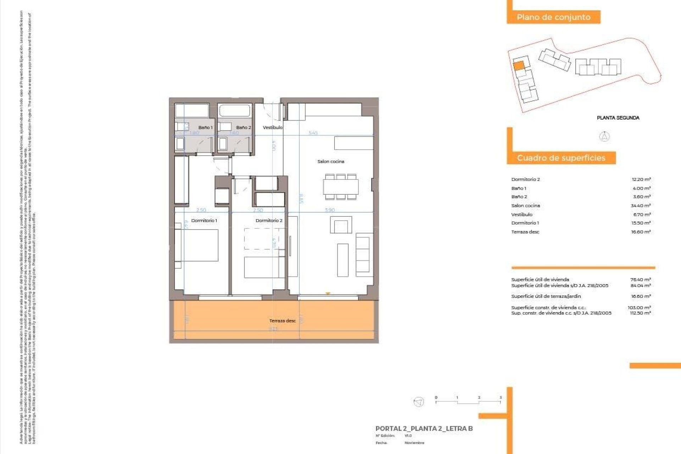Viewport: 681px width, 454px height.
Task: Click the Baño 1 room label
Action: (x=205, y=127)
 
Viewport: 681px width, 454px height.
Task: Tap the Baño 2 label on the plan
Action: (x=243, y=127)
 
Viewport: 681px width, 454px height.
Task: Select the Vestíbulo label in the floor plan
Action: (x=272, y=127)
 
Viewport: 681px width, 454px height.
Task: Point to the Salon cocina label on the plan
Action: (x=331, y=161)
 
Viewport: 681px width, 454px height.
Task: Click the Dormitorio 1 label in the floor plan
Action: (x=204, y=221)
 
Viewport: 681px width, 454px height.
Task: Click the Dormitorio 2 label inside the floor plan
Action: (x=269, y=221)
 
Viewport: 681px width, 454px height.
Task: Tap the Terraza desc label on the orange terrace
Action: (x=282, y=321)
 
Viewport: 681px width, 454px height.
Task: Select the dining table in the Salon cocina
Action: (x=340, y=187)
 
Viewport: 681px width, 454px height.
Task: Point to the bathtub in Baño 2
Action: (x=235, y=110)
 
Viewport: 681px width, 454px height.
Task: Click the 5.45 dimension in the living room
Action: (x=313, y=133)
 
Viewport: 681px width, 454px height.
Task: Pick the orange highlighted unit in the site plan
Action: (x=519, y=66)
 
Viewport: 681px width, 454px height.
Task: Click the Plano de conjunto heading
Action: (x=553, y=17)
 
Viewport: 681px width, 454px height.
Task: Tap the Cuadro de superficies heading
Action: (x=561, y=158)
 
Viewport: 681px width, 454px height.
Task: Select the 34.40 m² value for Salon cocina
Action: (x=641, y=206)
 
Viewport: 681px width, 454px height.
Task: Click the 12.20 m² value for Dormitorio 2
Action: (x=641, y=179)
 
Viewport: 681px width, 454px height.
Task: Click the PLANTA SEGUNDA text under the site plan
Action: (x=618, y=118)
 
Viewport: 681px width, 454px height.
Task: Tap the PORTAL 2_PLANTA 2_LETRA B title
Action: (x=424, y=428)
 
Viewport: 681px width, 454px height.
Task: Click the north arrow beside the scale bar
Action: (x=419, y=402)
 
